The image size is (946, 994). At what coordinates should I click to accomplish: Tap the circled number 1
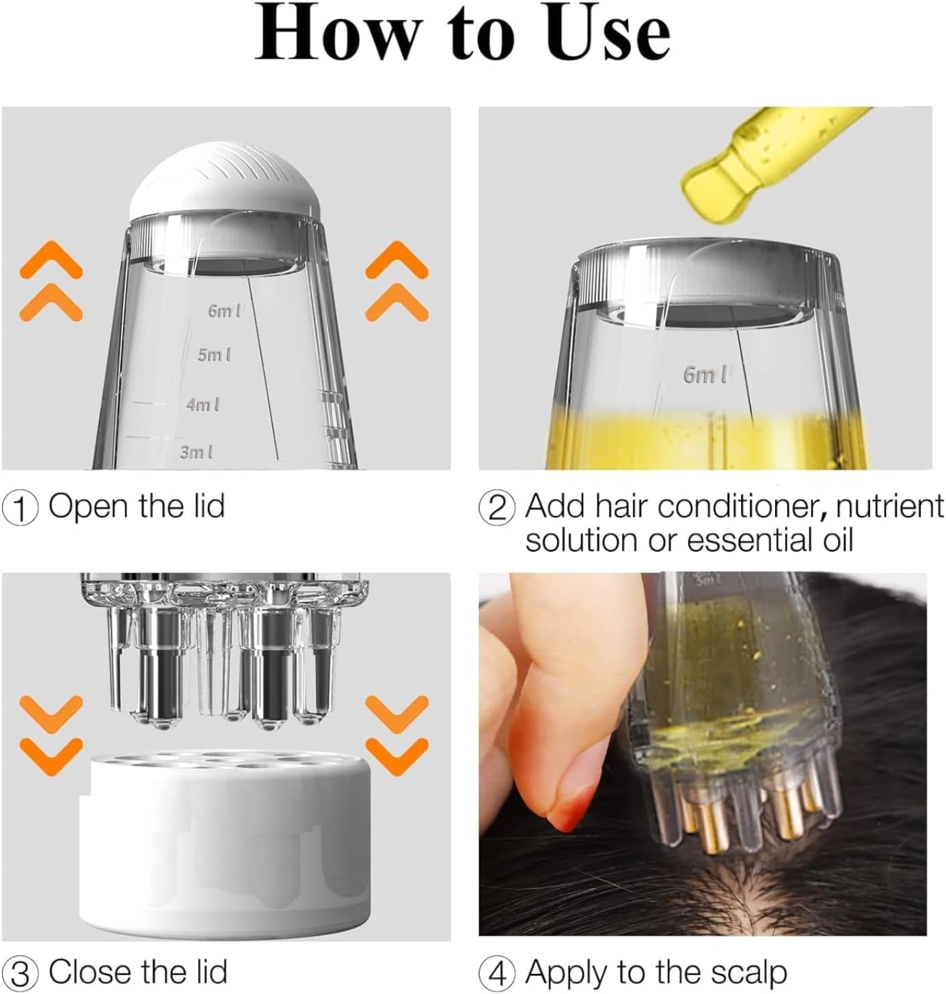(21, 509)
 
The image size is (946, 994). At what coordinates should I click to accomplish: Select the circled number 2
(497, 509)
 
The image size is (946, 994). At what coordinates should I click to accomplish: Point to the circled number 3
(21, 973)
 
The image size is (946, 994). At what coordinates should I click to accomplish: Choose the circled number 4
(497, 973)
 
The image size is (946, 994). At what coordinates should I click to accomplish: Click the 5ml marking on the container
(214, 355)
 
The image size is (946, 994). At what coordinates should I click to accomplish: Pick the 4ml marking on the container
(203, 405)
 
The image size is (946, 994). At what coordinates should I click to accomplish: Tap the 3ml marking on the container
(196, 452)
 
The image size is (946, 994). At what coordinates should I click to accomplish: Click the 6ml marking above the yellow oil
(705, 375)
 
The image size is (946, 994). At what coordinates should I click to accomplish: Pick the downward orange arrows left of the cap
(51, 735)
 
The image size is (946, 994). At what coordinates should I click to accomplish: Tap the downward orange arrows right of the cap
(397, 735)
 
